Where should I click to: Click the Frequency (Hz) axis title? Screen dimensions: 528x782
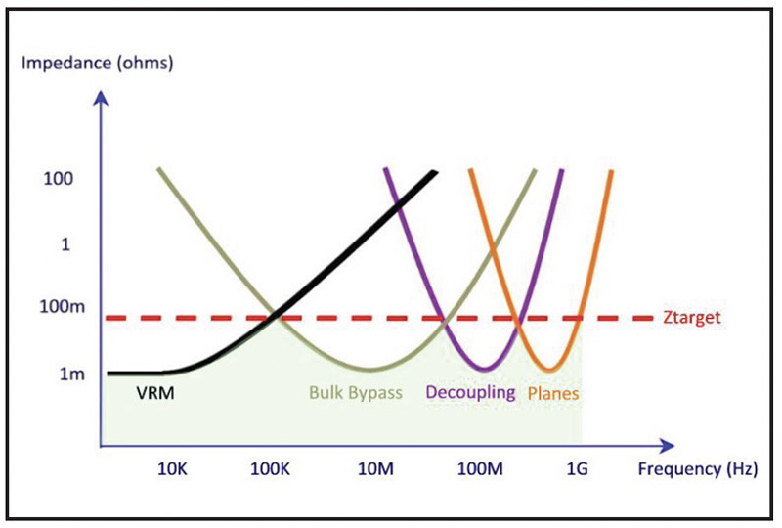[x=696, y=468]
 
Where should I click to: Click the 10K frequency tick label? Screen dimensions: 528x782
[x=174, y=468]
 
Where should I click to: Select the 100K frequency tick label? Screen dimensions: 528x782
[x=270, y=468]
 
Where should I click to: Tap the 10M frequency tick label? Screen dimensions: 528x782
[x=374, y=468]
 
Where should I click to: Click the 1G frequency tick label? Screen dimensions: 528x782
[x=577, y=468]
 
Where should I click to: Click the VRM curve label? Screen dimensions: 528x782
[x=156, y=393]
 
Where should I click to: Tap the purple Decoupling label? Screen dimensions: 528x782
[x=470, y=393]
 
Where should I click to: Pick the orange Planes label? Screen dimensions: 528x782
[x=553, y=394]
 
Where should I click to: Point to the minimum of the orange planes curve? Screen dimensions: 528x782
[x=552, y=370]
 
